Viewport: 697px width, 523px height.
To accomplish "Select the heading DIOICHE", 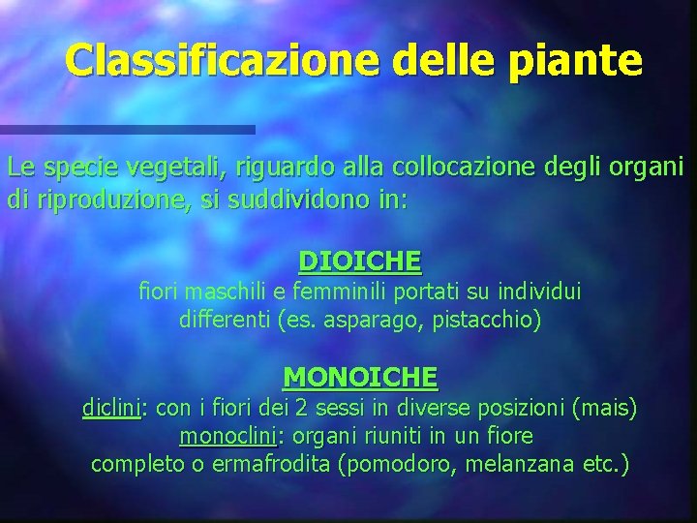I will tap(360, 261).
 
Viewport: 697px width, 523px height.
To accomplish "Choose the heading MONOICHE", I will tap(360, 376).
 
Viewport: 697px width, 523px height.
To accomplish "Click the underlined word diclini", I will tap(111, 410).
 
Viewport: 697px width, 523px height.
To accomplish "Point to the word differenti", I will tap(225, 319).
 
